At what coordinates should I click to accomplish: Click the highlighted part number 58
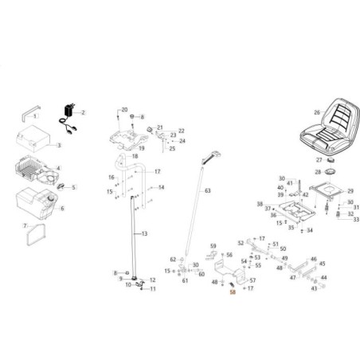(233, 292)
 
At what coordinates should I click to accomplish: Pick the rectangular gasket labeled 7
(36, 233)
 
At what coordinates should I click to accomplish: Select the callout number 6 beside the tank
(62, 209)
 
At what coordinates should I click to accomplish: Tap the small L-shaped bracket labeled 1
(31, 115)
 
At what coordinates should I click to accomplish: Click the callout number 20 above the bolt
(123, 109)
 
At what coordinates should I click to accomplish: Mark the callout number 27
(316, 160)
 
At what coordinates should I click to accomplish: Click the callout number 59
(213, 245)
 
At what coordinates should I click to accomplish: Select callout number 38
(260, 204)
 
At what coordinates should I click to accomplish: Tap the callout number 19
(141, 148)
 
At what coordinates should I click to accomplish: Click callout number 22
(181, 130)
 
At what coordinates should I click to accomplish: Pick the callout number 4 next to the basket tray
(57, 169)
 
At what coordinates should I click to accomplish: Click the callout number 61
(185, 280)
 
